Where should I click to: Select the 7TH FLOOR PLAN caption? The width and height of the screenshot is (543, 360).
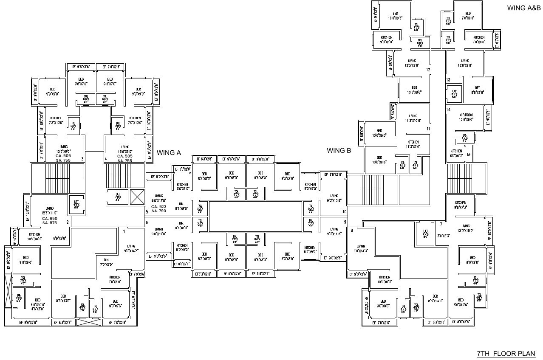(506, 354)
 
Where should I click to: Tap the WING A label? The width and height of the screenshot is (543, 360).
(169, 152)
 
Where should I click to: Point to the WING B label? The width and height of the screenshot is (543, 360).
(339, 150)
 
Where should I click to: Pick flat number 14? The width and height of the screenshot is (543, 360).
(448, 110)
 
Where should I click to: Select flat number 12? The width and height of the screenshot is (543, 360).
(428, 70)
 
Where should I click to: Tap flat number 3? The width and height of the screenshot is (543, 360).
(82, 159)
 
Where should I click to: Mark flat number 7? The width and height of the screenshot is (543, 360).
(441, 224)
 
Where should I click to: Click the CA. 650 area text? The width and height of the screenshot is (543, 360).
(50, 218)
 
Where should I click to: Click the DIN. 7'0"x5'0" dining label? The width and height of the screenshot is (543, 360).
(106, 262)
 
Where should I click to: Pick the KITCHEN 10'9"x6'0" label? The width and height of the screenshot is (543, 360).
(35, 236)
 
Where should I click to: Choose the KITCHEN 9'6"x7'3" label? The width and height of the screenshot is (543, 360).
(461, 205)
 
